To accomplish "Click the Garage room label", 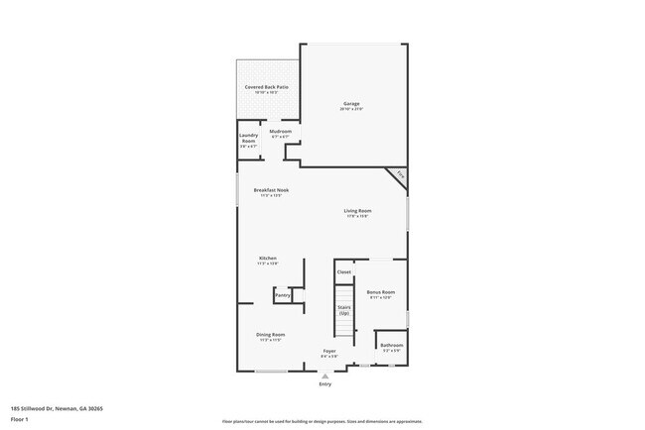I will coord(351,104).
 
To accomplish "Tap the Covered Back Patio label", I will coord(266,87).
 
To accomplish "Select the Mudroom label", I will coord(281,131).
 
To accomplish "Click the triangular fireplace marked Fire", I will coord(399,174).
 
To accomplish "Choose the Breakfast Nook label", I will coord(270,190).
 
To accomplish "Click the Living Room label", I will coord(357,211).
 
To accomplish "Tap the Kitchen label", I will coord(268,259).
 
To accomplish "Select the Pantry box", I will coord(283,295).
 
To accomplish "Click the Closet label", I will coord(344,271).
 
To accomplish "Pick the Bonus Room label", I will coord(381,292).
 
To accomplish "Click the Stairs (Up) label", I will coord(344,310).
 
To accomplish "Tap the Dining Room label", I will coord(271,335).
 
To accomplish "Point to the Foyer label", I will coord(329,352).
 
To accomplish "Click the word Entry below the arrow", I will coord(324,384).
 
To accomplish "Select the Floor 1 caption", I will coord(20,419).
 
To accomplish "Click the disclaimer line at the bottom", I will coord(322,421).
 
